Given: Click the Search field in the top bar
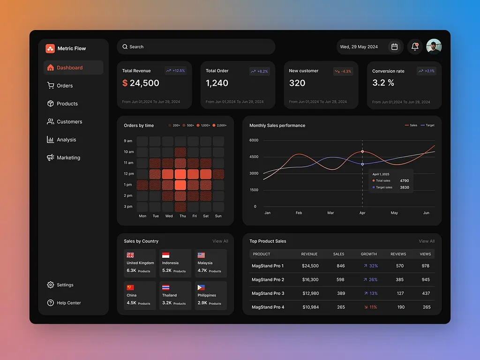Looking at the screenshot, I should click(x=195, y=47).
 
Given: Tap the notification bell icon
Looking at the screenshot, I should click(x=415, y=47).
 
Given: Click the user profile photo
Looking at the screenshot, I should click(x=434, y=47).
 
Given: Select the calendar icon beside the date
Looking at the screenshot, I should click(x=395, y=47).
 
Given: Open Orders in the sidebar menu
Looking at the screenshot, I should click(x=65, y=86).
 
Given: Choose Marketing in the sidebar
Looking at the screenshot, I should click(x=68, y=158).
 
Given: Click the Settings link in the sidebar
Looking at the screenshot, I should click(x=65, y=285).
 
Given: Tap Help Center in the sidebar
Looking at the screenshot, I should click(x=68, y=303).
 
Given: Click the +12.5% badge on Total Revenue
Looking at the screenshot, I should click(x=175, y=71).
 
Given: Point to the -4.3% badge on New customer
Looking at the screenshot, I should click(x=343, y=71).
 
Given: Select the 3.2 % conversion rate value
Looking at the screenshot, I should click(x=383, y=83).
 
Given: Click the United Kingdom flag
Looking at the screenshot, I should click(x=130, y=255).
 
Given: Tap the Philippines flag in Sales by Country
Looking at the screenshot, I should click(x=201, y=288).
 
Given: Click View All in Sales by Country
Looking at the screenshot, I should click(x=220, y=241).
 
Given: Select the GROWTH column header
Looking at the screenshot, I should click(x=368, y=254).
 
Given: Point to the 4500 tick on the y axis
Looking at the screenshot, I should click(x=254, y=157).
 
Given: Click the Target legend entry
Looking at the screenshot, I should click(x=427, y=126).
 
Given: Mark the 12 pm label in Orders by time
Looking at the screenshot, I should click(x=128, y=174).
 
